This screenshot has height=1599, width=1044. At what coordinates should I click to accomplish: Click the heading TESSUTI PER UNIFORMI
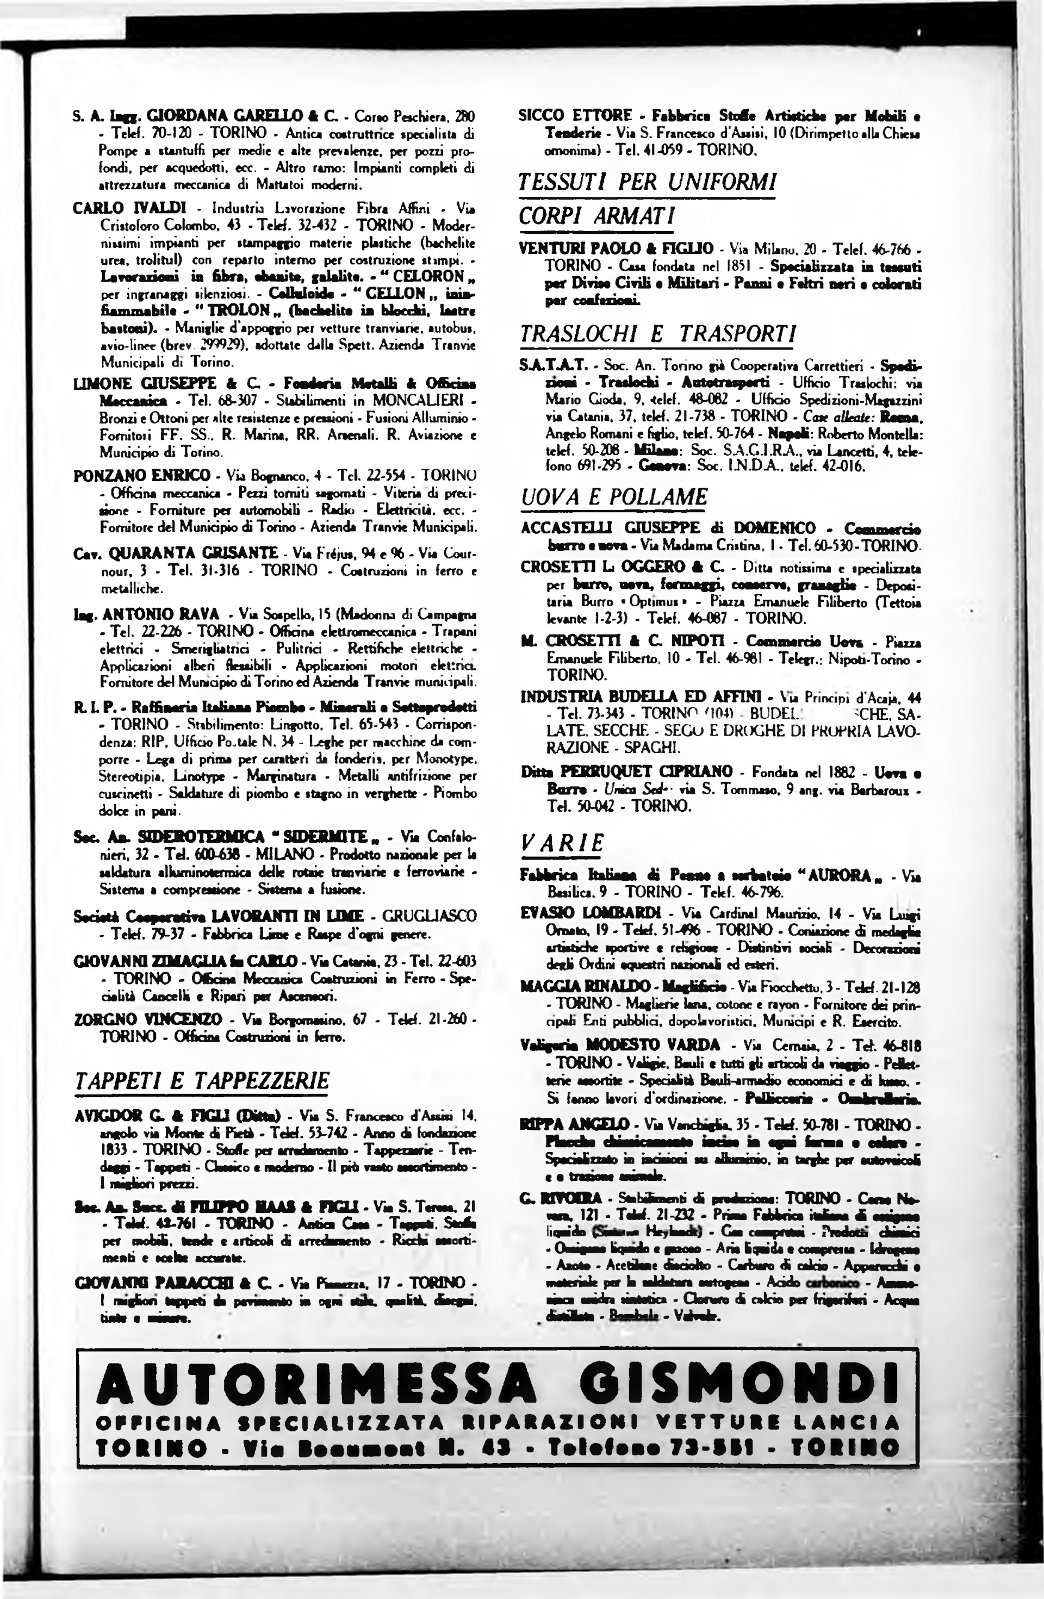[x=647, y=182]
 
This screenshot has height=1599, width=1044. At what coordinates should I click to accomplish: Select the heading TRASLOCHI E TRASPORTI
[x=657, y=334]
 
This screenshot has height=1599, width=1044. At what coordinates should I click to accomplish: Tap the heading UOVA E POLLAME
[x=614, y=496]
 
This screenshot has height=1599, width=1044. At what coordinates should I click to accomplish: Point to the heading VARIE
[x=562, y=843]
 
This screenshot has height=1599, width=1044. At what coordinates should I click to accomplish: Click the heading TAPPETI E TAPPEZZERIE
[x=202, y=1080]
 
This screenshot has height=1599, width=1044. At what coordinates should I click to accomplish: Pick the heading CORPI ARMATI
[x=596, y=216]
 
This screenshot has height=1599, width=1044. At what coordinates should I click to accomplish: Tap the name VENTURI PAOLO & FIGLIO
[x=616, y=248]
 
